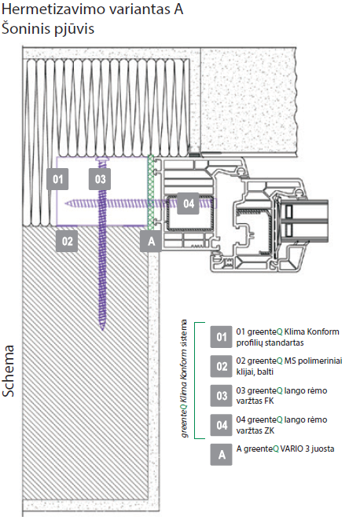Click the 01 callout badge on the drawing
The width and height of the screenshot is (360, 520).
[x=57, y=179]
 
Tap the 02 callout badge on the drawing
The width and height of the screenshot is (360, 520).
[x=67, y=241]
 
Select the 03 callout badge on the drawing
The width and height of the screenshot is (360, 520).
[x=100, y=179]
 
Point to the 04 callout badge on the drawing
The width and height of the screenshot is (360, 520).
[x=188, y=203]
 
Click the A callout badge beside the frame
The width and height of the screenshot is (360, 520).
[x=151, y=241]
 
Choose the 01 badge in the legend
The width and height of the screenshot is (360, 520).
[x=222, y=337]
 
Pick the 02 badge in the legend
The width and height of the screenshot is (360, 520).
[x=222, y=366]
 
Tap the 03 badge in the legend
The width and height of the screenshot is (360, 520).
[x=222, y=395]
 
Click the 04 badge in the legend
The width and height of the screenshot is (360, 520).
[x=222, y=425]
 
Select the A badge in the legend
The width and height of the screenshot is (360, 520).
[x=222, y=454]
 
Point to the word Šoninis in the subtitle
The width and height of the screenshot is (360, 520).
[x=22, y=28]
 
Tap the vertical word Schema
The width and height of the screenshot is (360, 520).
[x=9, y=371]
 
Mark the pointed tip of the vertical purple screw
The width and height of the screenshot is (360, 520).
[x=102, y=330]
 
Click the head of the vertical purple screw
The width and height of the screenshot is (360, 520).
[x=102, y=159]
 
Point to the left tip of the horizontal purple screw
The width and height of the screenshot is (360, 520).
[x=65, y=203]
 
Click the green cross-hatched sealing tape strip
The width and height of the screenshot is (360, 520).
[x=151, y=192]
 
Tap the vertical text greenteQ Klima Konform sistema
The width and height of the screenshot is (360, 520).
[x=185, y=379]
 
